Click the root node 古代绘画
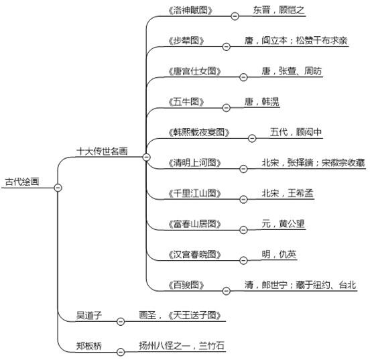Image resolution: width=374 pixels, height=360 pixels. tap(22, 182)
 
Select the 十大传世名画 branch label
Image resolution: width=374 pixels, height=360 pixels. tap(102, 151)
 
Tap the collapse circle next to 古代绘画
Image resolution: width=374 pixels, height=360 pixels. tap(58, 188)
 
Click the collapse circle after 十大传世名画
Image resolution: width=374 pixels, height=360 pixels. tap(146, 157)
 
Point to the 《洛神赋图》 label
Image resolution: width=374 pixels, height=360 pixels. tap(190, 11)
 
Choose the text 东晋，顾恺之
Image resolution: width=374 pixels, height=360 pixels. tap(279, 10)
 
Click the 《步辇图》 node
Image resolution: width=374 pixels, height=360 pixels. tap(186, 41)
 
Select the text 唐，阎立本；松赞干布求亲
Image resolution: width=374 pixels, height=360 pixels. tap(296, 40)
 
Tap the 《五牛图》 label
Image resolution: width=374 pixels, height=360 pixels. tap(186, 102)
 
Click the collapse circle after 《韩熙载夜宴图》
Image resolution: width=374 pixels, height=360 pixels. tap(252, 138)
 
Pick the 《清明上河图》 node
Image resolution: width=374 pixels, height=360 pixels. tap(194, 163)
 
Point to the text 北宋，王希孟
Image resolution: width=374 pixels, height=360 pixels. tap(288, 193)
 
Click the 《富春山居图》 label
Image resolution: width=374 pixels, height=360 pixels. tap(194, 224)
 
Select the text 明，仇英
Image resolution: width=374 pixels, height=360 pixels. tap(279, 254)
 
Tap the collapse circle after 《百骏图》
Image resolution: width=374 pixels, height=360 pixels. tap(227, 291)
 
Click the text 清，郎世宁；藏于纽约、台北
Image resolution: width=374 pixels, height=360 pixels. tap(300, 285)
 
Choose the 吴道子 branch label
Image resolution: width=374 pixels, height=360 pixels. tap(89, 315)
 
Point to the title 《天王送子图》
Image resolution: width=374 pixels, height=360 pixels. tap(194, 315)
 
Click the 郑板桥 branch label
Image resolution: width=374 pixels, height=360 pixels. tap(89, 346)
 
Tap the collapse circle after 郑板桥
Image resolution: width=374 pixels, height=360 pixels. tap(121, 352)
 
